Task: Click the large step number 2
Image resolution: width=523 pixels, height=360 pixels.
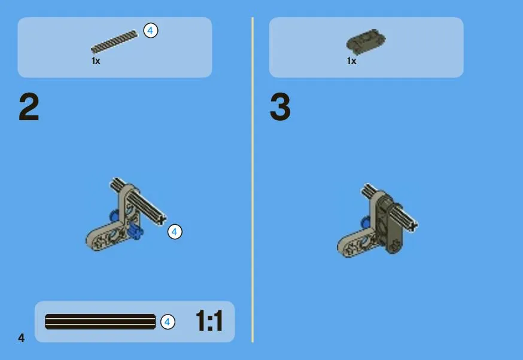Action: (29, 106)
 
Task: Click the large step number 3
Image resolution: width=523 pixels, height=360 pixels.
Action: (280, 106)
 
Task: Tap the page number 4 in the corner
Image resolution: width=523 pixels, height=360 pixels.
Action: (22, 338)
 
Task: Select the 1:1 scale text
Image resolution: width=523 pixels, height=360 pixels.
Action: (209, 321)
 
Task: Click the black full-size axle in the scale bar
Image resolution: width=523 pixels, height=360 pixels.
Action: (100, 322)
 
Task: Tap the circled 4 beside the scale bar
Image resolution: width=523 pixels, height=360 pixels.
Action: (168, 322)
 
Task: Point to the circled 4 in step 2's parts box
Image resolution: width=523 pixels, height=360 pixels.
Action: (150, 30)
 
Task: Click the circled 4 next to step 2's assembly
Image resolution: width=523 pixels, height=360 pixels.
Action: (175, 231)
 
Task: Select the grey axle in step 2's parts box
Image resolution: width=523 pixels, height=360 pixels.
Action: (114, 42)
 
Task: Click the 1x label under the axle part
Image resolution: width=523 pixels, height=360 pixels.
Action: (96, 61)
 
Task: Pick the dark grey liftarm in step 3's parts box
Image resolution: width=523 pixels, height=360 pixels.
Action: (366, 41)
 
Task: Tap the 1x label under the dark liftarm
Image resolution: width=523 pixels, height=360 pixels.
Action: (351, 61)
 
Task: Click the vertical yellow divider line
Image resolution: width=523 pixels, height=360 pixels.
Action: (253, 179)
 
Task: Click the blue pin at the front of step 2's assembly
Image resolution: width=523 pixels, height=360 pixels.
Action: (136, 231)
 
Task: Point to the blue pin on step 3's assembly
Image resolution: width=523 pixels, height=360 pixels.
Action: (365, 222)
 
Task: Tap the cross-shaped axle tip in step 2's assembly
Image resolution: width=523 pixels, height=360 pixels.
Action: (162, 219)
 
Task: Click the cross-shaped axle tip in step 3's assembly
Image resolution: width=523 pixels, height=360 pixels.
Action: (413, 226)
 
